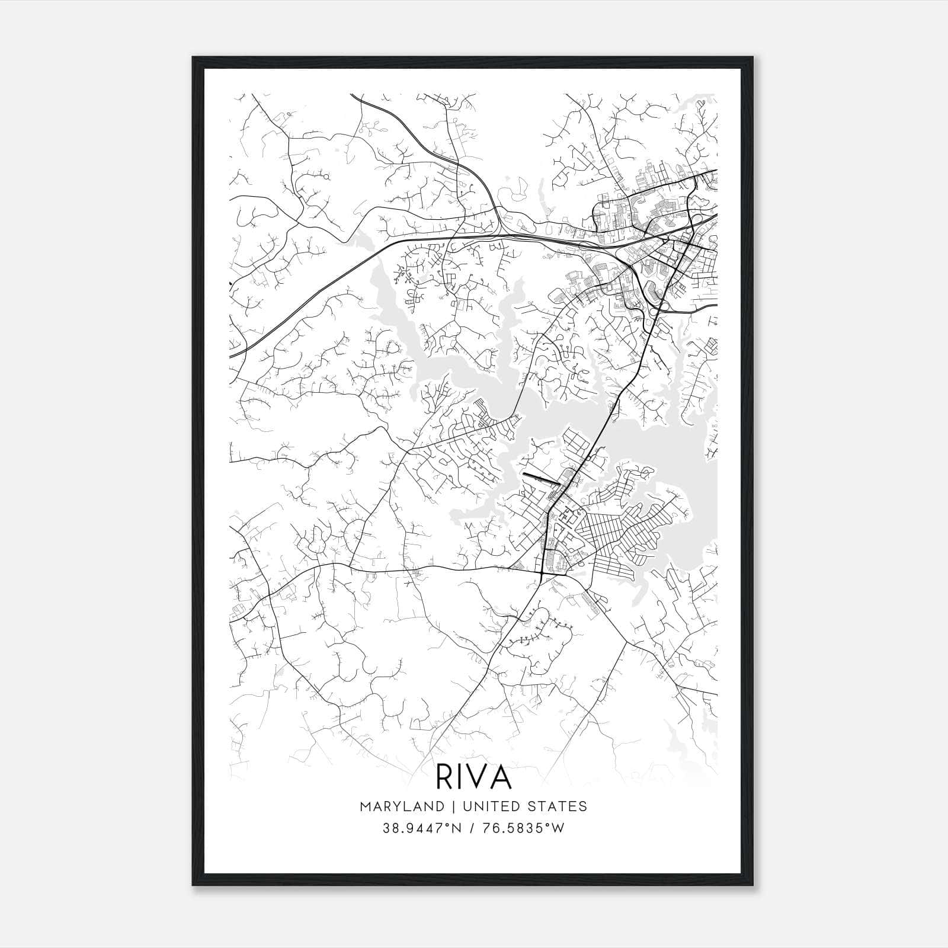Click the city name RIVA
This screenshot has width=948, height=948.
tap(473, 776)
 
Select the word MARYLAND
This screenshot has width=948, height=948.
tap(401, 806)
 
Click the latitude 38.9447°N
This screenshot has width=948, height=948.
tap(420, 828)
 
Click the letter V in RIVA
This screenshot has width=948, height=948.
tap(477, 776)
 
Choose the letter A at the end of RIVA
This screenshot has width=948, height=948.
tap(501, 776)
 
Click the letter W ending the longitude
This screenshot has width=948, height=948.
tap(558, 828)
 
